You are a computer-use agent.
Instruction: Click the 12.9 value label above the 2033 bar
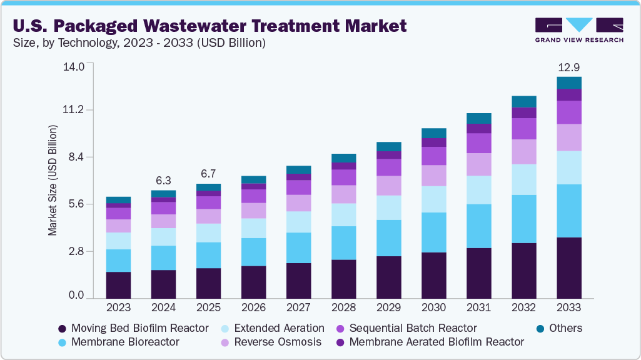point(568,67)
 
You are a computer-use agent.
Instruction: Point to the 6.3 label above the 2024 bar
point(163,181)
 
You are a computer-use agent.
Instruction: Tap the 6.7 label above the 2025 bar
point(208,174)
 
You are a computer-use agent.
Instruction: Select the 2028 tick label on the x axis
point(343,307)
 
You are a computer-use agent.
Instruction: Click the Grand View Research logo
point(579,29)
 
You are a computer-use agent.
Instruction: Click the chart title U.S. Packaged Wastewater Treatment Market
point(209,26)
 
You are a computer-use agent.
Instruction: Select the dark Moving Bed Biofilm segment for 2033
point(568,267)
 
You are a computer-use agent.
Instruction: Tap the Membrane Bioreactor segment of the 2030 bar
point(433,232)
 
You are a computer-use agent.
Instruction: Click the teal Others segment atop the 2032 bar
point(523,102)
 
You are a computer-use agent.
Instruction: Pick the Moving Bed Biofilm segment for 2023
point(118,285)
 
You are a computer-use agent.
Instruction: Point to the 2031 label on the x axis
point(478,307)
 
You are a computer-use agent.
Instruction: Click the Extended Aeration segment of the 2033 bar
point(568,167)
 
